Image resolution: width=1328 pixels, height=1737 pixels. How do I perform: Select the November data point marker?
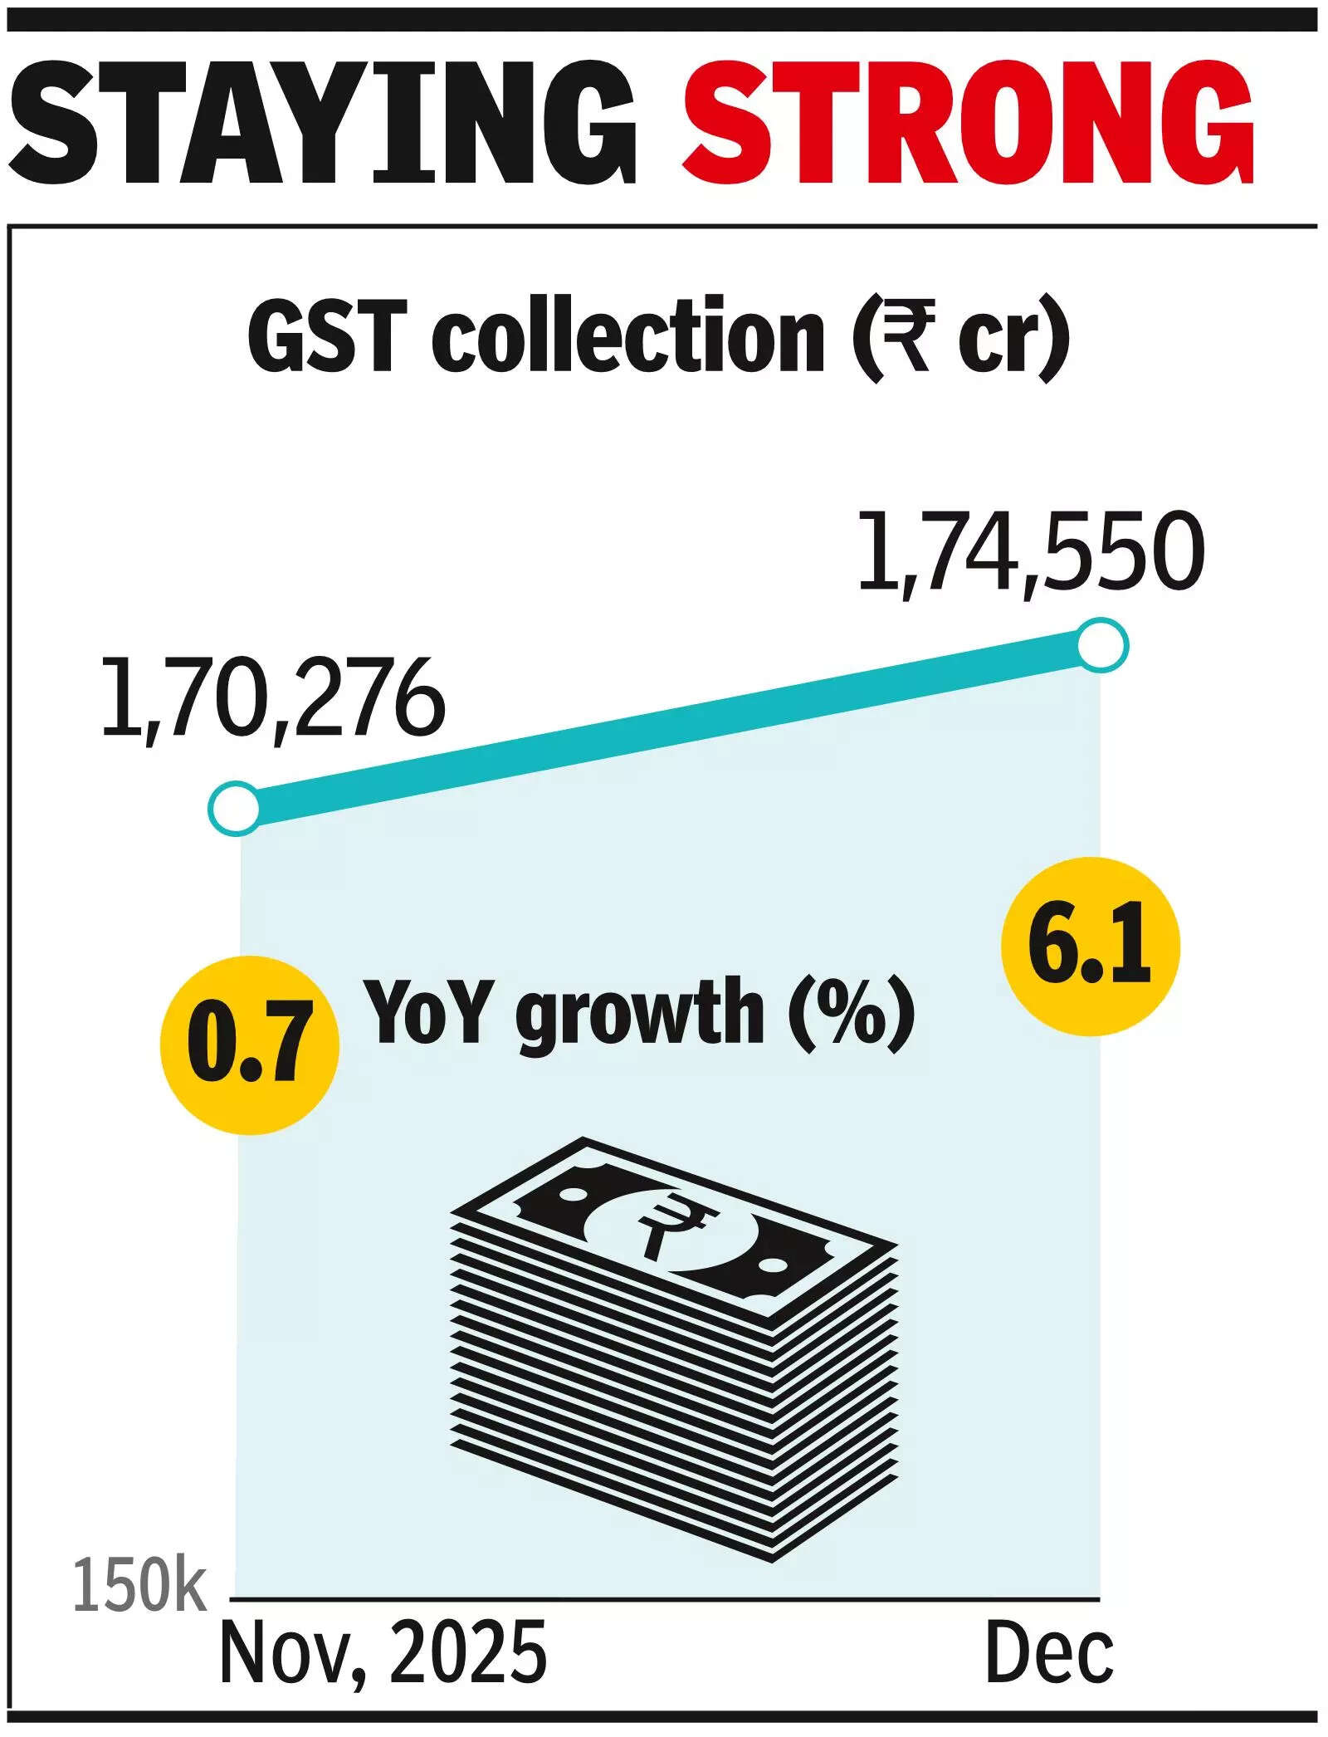click(x=235, y=808)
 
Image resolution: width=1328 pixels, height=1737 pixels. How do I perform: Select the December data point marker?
click(x=1102, y=645)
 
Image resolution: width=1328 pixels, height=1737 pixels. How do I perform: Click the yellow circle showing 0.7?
click(x=249, y=1045)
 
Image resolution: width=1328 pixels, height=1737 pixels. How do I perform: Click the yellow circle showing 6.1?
click(x=1090, y=947)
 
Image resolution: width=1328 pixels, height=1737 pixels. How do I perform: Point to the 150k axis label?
click(x=139, y=1609)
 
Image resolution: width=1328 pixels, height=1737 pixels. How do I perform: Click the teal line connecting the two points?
click(x=668, y=726)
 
